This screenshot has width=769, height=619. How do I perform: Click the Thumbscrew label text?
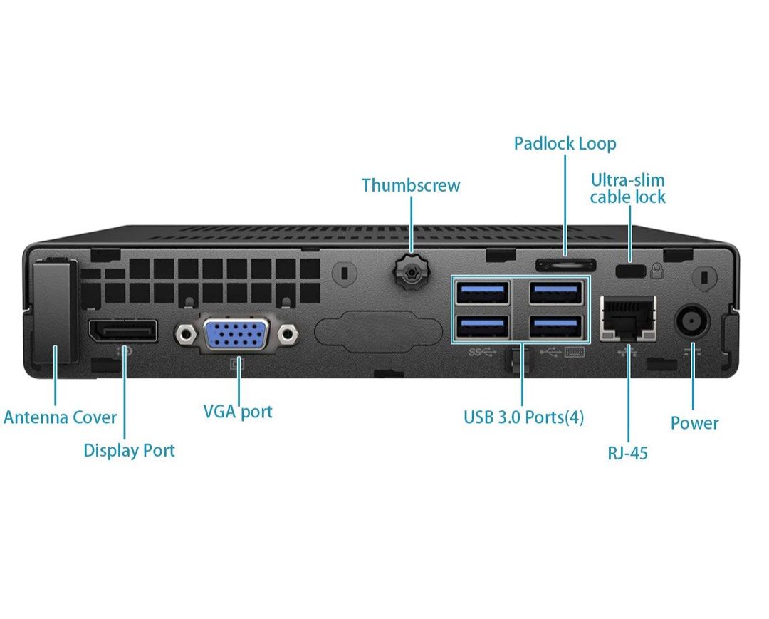tap(411, 185)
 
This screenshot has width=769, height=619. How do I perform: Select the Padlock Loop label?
tap(565, 144)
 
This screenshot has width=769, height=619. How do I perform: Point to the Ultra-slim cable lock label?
tap(627, 188)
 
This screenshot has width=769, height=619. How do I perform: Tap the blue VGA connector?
tap(238, 333)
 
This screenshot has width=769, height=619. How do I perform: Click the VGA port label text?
tap(238, 411)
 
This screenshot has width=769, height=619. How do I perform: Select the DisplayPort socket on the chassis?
tap(122, 331)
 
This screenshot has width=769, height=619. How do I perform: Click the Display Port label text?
tap(129, 450)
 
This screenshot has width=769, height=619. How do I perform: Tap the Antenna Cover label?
tap(60, 417)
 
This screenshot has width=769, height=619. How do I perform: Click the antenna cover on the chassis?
tap(54, 313)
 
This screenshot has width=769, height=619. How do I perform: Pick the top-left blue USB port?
tap(483, 292)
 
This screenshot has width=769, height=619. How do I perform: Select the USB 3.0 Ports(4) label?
tap(523, 417)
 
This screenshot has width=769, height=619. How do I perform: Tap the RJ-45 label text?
tap(628, 452)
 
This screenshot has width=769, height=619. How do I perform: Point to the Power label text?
tap(694, 423)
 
